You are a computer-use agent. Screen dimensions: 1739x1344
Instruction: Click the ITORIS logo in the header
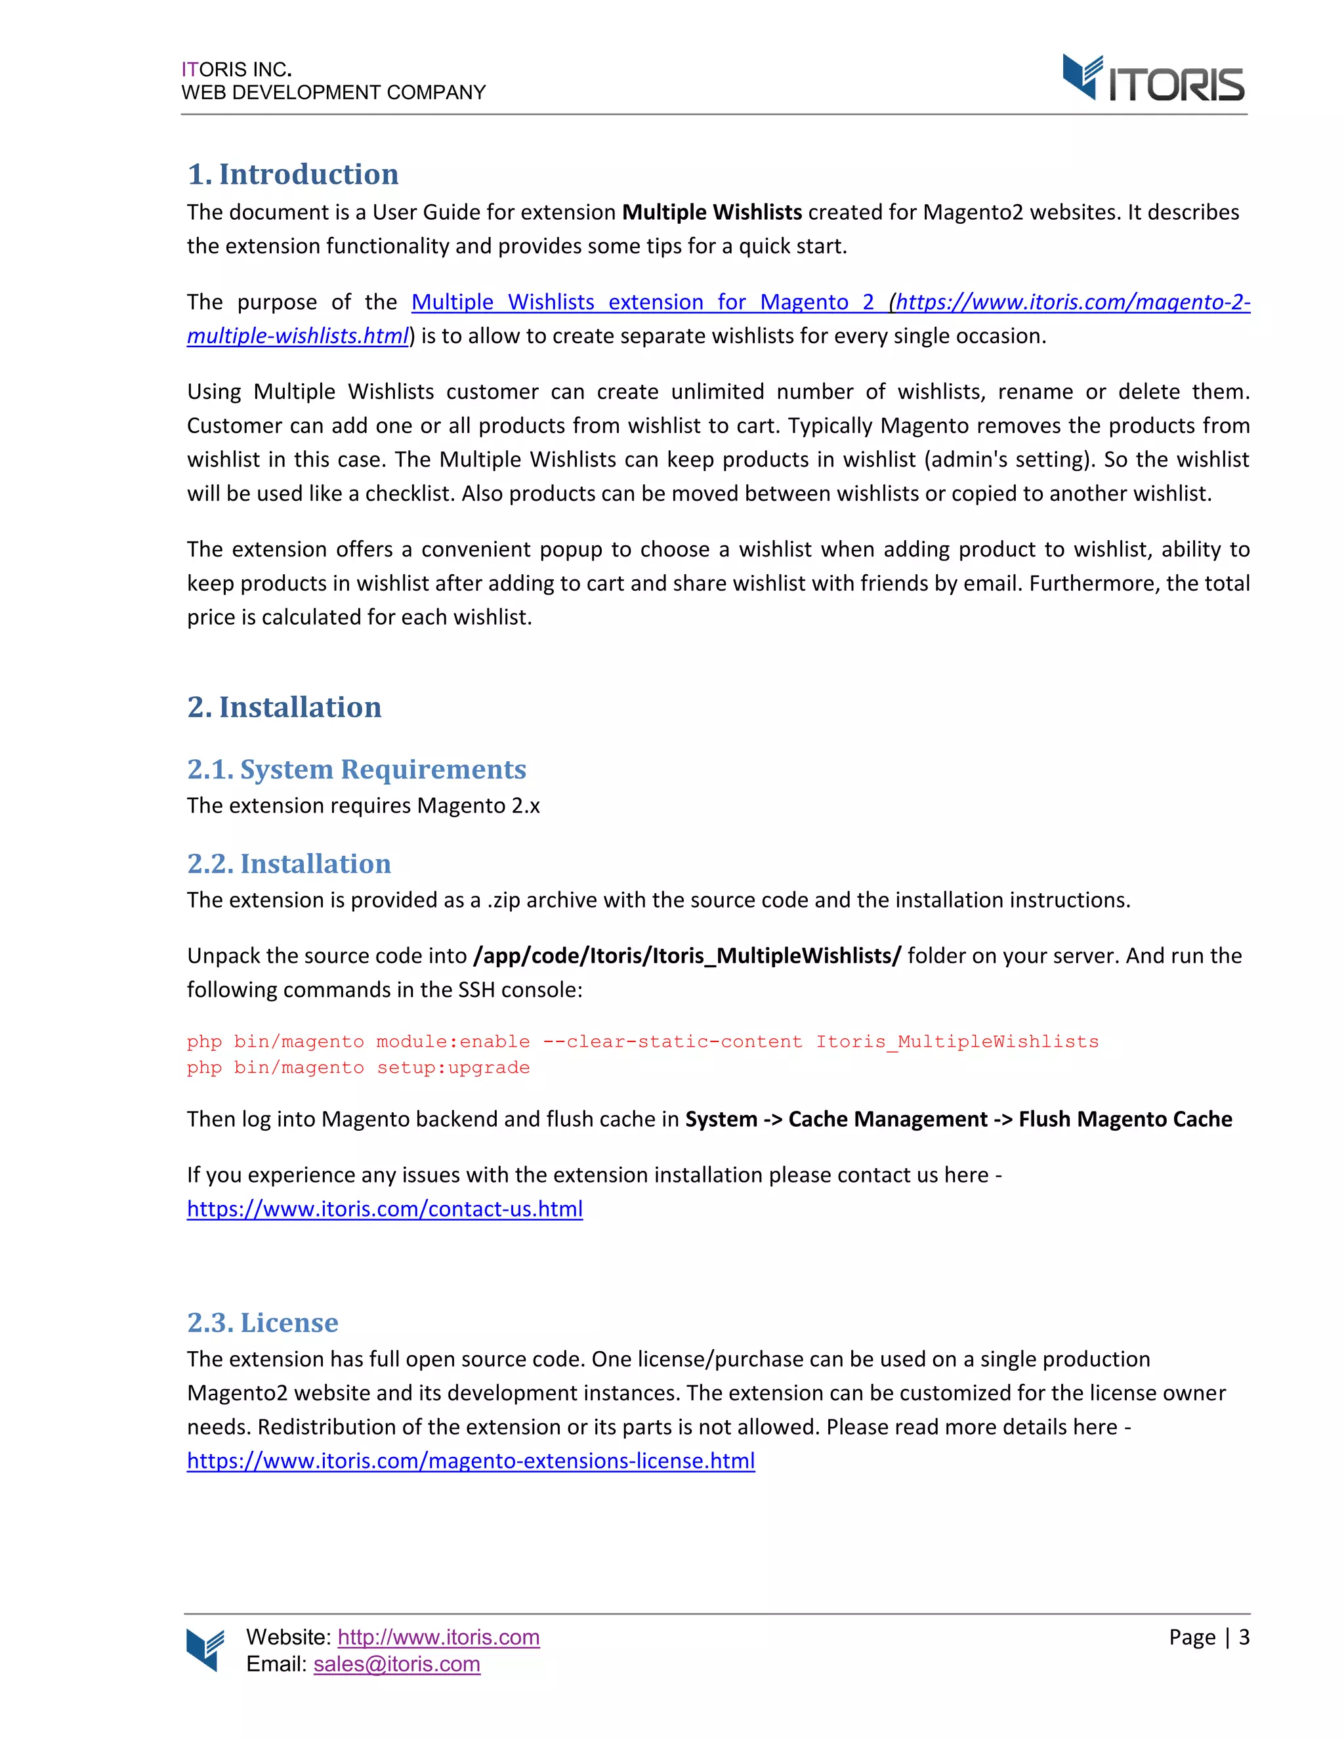[x=1152, y=79]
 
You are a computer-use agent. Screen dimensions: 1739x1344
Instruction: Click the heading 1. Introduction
[x=292, y=175]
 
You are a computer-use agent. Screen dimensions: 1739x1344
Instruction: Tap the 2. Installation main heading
[x=283, y=707]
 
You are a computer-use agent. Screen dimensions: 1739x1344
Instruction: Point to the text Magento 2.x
[x=478, y=806]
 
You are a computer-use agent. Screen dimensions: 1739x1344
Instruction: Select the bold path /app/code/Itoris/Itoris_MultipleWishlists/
[x=686, y=955]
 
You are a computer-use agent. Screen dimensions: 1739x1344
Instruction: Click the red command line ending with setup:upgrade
[x=358, y=1068]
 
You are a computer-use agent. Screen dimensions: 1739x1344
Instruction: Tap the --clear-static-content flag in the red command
[x=672, y=1041]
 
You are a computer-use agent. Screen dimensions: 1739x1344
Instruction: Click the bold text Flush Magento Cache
[x=1124, y=1120]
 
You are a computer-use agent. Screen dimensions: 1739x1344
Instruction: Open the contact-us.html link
[x=385, y=1209]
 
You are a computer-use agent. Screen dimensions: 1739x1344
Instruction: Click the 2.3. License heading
[x=262, y=1322]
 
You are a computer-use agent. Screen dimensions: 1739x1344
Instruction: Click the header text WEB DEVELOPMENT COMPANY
[x=333, y=93]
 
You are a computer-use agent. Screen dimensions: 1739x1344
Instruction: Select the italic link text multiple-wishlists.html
[x=297, y=336]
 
